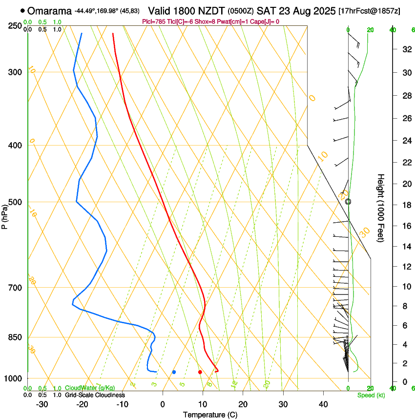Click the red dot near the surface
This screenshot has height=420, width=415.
200,372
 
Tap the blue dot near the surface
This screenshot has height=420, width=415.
174,372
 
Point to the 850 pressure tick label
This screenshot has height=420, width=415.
15,337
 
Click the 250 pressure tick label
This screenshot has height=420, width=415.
15,26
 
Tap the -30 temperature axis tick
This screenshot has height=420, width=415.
42,404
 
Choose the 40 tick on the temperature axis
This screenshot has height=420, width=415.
323,404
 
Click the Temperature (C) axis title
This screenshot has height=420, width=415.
210,415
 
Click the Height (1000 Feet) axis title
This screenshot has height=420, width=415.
381,208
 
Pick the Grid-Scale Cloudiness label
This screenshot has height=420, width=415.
95,395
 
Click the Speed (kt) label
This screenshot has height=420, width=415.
371,395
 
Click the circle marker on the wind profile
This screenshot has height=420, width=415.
348,201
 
